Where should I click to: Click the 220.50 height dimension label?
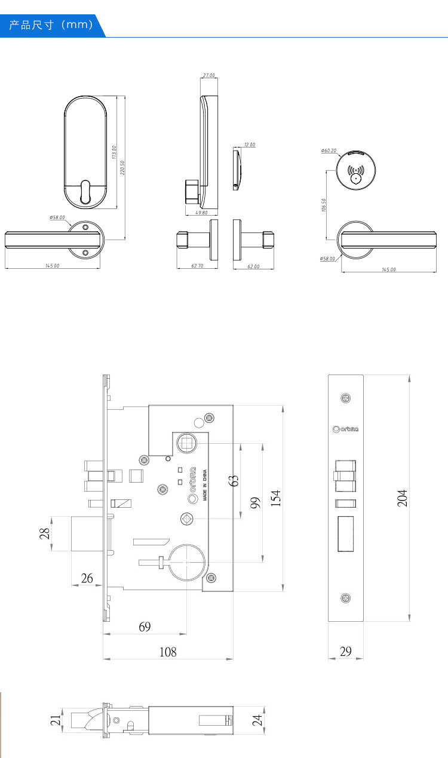[122, 167]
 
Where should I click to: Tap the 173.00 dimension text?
[114, 152]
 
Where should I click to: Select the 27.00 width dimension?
[208, 76]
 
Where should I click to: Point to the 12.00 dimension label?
[249, 145]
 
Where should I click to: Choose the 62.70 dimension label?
[197, 266]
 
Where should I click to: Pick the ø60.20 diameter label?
[329, 151]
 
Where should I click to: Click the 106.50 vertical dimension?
[324, 205]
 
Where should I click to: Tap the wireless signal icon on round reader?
[356, 170]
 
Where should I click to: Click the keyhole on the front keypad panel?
[85, 192]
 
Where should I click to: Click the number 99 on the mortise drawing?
[255, 502]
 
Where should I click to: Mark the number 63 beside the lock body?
[234, 480]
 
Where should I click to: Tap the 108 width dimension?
[168, 652]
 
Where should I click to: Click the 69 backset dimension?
[145, 627]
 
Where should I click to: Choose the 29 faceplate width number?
[345, 652]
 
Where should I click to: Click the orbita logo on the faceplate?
[345, 429]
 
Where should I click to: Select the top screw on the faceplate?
[345, 398]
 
